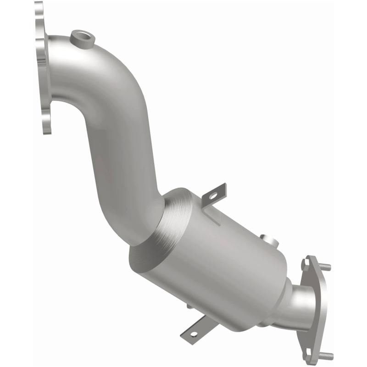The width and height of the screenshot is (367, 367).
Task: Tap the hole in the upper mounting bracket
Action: point(212,195)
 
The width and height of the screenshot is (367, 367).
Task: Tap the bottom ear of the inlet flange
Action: point(46,124)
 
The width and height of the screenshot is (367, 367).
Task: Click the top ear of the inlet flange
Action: point(39,11)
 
